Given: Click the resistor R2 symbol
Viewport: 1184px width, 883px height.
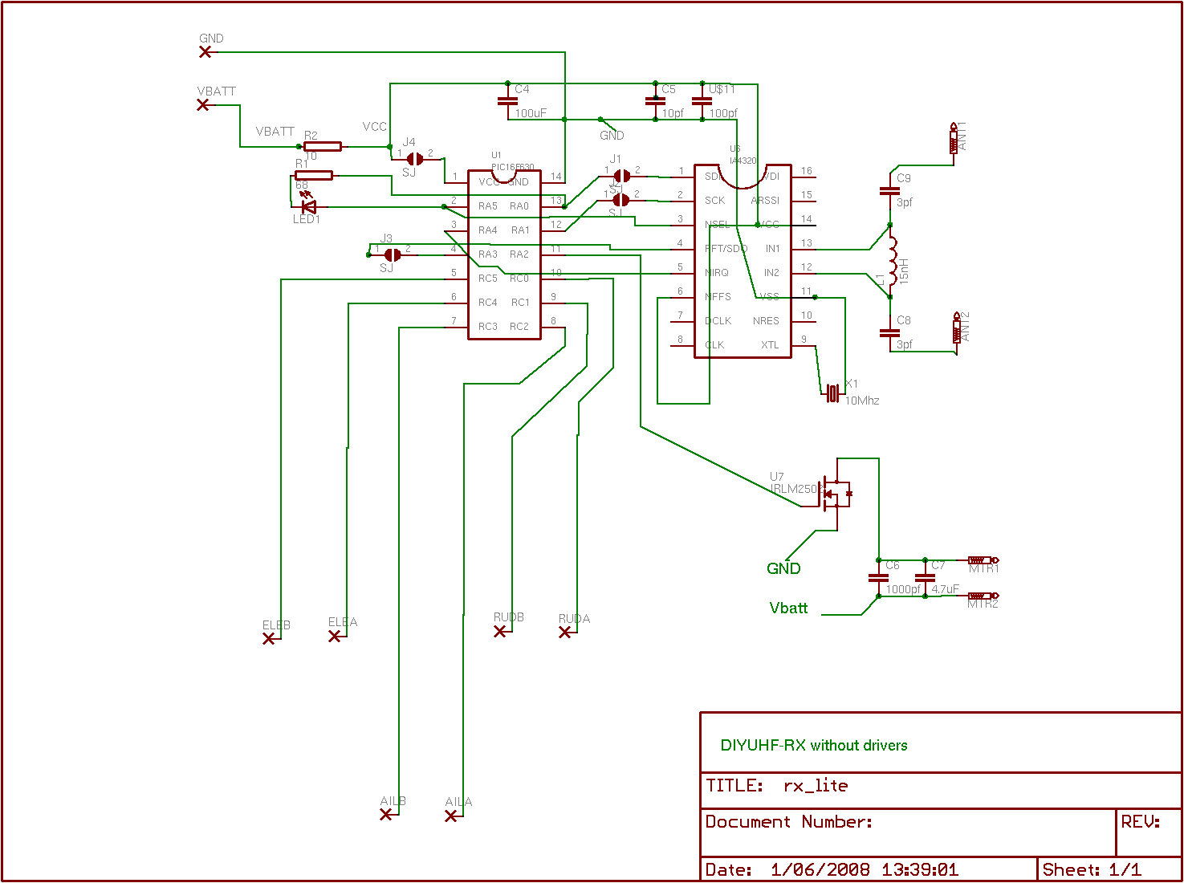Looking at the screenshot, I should coord(323,146).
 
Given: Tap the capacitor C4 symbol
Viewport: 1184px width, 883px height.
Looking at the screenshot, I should coord(507,101).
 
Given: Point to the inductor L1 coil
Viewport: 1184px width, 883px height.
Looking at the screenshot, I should coord(892,261).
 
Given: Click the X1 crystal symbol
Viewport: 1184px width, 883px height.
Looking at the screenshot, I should coord(833,393).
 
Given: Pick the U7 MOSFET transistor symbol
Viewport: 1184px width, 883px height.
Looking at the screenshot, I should coord(835,494).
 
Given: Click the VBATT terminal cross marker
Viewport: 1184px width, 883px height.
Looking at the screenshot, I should coord(204,105).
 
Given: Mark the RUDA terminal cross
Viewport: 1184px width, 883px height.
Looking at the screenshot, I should coord(565,633).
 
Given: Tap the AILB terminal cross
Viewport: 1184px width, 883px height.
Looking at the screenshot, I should coord(386,814).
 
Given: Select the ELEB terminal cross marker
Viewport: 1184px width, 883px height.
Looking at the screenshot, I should coord(269,639).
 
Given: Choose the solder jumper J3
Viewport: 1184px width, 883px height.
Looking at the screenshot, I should coord(393,254).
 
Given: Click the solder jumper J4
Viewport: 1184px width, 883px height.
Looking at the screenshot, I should coord(415,159).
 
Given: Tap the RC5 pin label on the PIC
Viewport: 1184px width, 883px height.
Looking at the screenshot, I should coord(487,279).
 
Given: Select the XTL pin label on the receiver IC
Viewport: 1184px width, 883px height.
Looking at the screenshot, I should coord(770,345).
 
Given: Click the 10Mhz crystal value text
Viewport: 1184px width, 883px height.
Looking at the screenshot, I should coord(862,401).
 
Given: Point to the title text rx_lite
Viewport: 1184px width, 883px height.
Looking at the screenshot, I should coord(816,786).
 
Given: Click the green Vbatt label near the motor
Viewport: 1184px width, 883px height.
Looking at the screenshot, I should coord(788,608).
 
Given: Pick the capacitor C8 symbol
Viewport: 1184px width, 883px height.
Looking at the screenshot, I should coord(889,332).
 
